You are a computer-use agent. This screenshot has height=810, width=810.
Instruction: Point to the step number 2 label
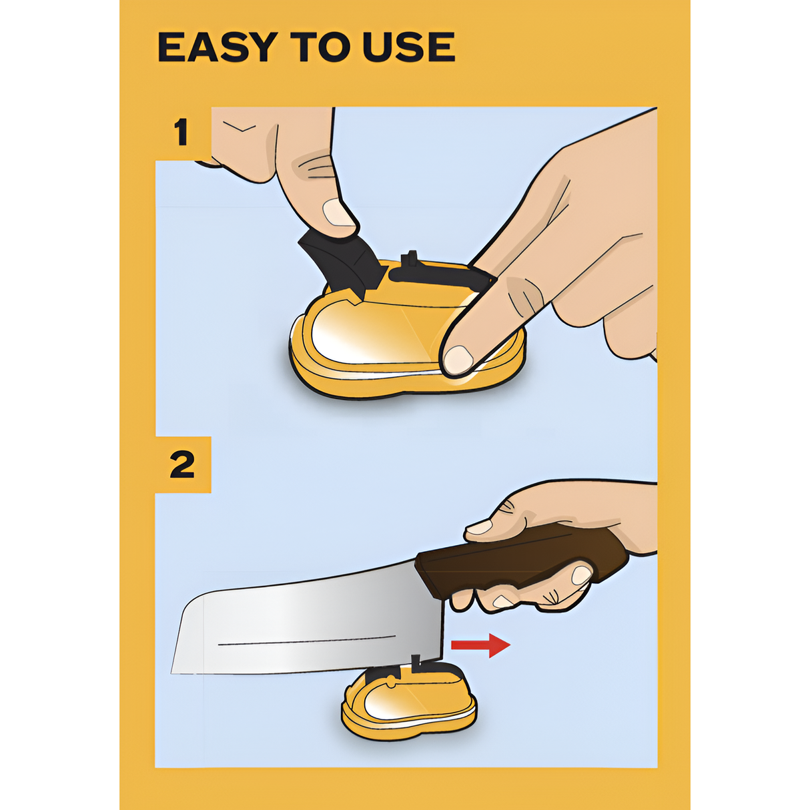click(182, 464)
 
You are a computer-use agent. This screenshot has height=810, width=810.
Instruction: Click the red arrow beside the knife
click(480, 645)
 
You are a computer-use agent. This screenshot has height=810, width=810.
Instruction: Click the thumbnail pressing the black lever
click(339, 213)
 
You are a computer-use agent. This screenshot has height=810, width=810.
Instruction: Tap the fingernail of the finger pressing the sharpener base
click(458, 360)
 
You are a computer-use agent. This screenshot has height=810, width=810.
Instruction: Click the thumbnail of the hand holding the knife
click(479, 526)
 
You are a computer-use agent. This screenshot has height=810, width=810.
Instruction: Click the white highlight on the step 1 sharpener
click(357, 336)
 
